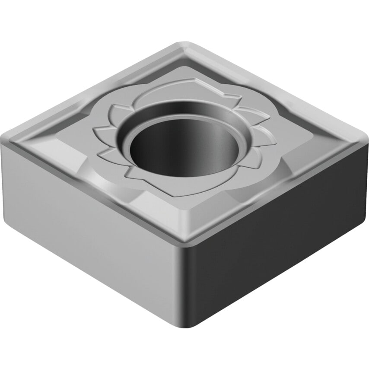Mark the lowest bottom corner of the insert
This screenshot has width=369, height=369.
pyautogui.click(x=181, y=325)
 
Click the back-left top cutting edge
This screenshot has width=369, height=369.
pyautogui.click(x=93, y=89)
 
